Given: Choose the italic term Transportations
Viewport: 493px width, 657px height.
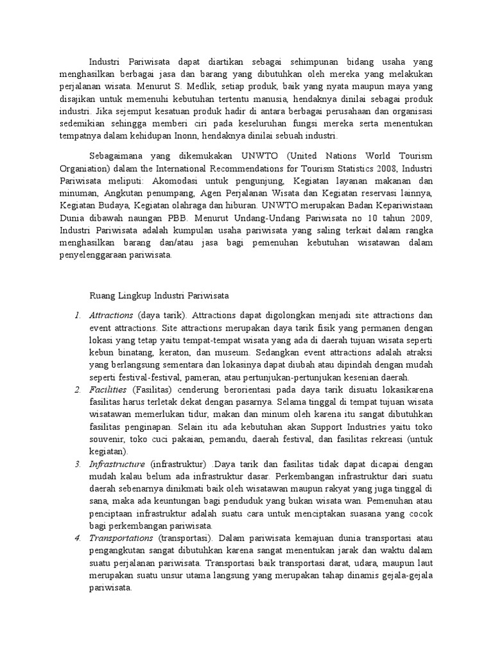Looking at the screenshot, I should click(120, 538).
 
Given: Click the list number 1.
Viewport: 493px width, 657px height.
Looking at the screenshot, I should click(76, 316).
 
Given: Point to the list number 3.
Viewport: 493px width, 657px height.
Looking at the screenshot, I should click(76, 464).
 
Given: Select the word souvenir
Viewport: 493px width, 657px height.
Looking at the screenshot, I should click(105, 439).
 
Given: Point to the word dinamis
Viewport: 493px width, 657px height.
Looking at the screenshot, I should click(369, 574).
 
